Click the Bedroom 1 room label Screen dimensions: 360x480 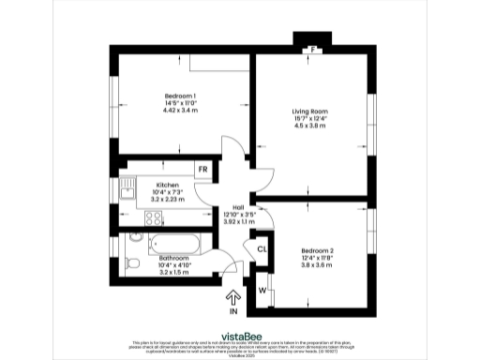tap(180, 97)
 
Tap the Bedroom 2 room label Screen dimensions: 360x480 tap(318, 251)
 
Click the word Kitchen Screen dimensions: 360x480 tap(168, 186)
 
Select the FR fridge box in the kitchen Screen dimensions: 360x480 tap(202, 170)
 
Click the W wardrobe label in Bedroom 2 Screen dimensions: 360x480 tap(262, 291)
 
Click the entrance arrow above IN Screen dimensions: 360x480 tap(232, 299)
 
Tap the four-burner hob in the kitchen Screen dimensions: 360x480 tap(152, 218)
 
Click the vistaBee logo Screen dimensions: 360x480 tap(240, 335)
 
